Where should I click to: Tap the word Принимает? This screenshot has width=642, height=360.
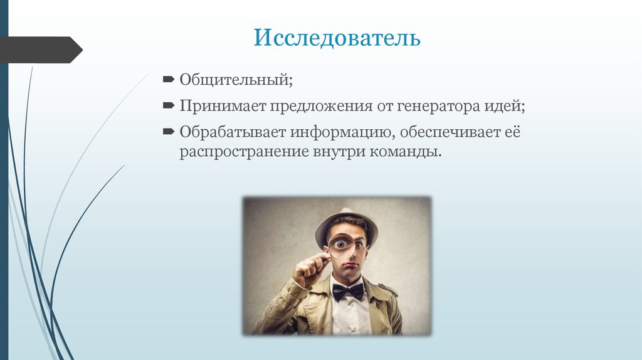tap(223, 107)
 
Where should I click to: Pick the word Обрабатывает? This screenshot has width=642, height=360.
tap(232, 132)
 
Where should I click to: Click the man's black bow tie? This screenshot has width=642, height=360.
tap(347, 291)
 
